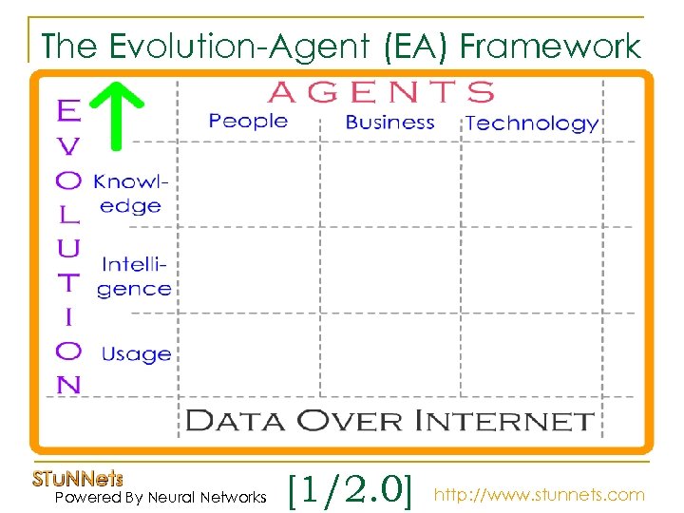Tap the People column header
[x=248, y=121]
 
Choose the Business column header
[x=389, y=123]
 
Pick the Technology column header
[x=532, y=123]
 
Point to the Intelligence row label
[x=135, y=276]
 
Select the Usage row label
[x=136, y=354]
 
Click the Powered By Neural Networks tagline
[x=161, y=497]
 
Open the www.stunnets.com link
[x=539, y=495]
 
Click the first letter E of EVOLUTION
[x=67, y=112]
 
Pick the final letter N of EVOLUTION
[x=68, y=384]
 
